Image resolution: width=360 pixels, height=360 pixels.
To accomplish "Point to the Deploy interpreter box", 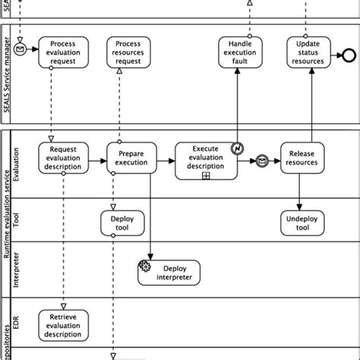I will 169,273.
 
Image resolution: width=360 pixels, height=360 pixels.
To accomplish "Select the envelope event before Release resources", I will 261,161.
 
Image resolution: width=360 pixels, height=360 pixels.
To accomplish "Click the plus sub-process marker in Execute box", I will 206,175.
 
